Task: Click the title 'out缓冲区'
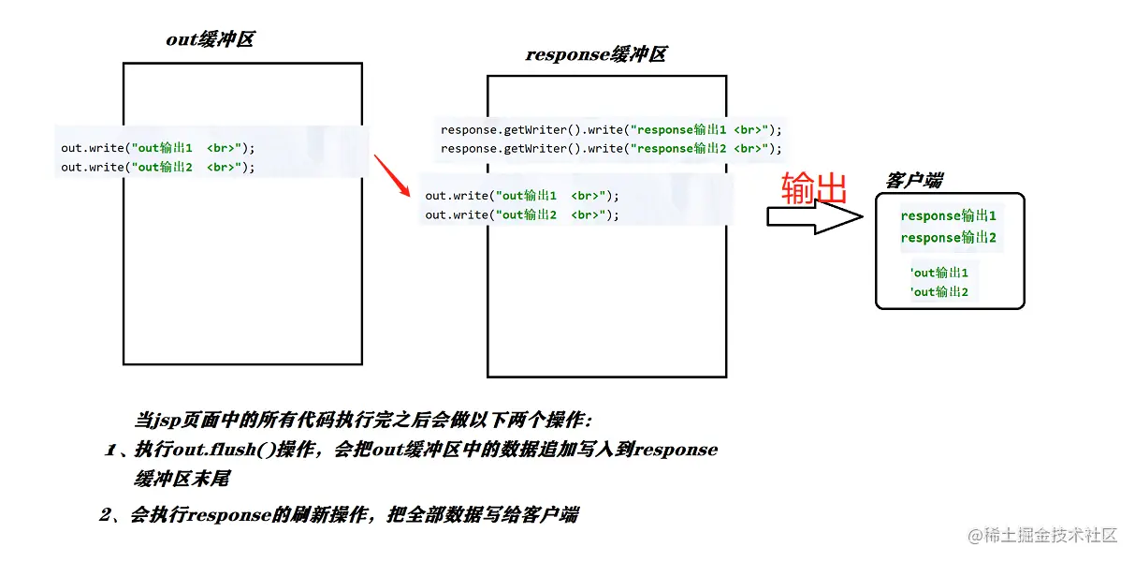[210, 39]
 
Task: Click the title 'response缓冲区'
[595, 54]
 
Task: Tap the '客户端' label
[913, 180]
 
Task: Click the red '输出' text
[814, 188]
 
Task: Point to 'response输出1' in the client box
[948, 215]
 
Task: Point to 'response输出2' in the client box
[948, 238]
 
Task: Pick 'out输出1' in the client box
[939, 273]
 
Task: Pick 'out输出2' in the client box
[939, 292]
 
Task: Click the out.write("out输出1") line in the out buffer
[157, 148]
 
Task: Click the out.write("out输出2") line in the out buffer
[157, 168]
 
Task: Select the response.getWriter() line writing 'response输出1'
[610, 129]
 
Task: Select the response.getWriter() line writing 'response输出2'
[610, 149]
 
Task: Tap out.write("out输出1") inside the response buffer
[521, 196]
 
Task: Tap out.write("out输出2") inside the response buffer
[521, 215]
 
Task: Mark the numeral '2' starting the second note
[105, 514]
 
